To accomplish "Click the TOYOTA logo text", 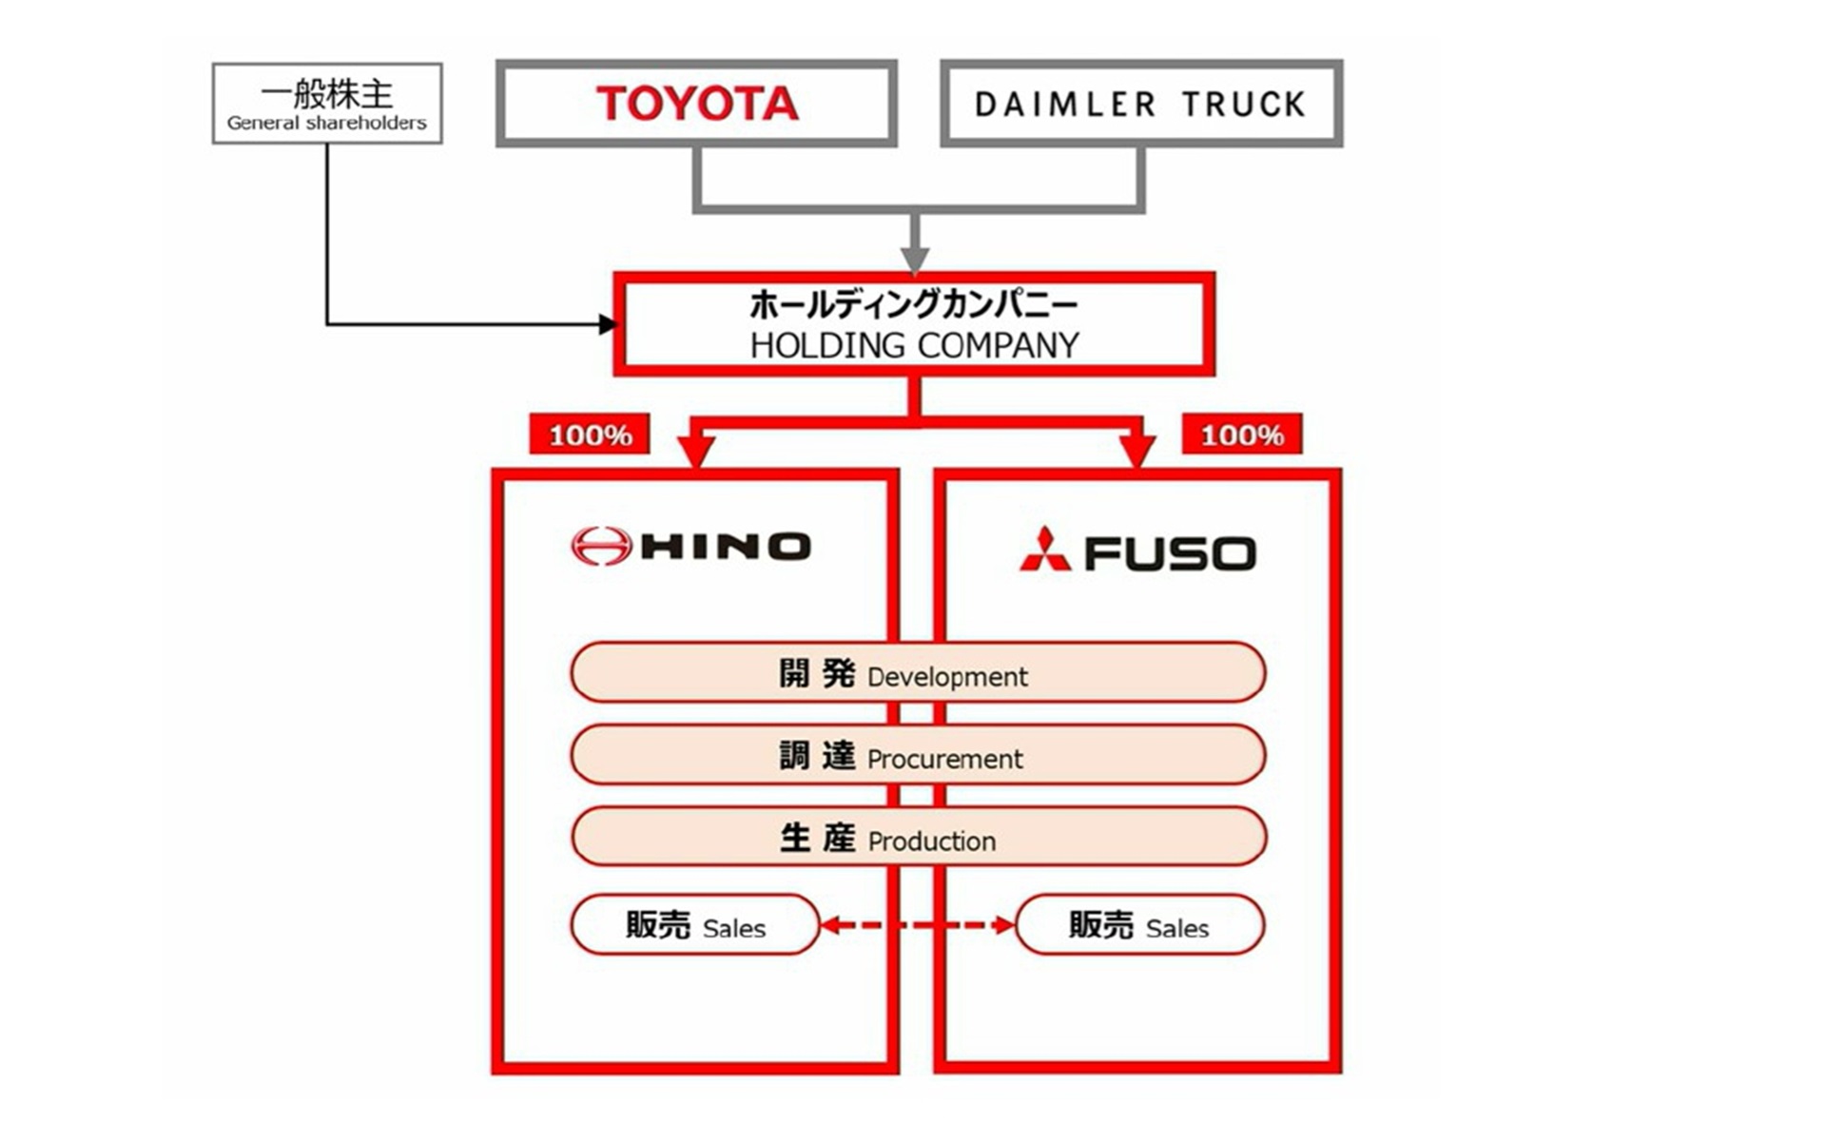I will pos(697,103).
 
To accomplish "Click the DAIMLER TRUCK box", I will pos(1140,104).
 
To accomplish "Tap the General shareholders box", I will pos(327,104).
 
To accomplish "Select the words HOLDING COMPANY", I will pos(914,345).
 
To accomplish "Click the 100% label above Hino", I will pos(590,435).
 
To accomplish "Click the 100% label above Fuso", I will pos(1241,435).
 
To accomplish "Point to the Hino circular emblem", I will pos(601,546).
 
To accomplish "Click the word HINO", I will pos(727,547).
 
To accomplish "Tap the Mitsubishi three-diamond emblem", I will pos(1045,550).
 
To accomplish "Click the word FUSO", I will pos(1171,553).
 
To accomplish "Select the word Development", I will pos(947,677).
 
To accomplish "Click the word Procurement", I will pos(944,759).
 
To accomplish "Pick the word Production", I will pos(932,841).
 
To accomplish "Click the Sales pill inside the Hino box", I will pos(695,924).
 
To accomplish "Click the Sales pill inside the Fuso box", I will pos(1139,924).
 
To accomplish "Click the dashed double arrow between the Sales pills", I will pos(917,924).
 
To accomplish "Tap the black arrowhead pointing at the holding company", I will pos(608,324).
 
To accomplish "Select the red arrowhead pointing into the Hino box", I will pos(696,449).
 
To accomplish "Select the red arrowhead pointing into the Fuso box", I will pos(1136,449).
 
